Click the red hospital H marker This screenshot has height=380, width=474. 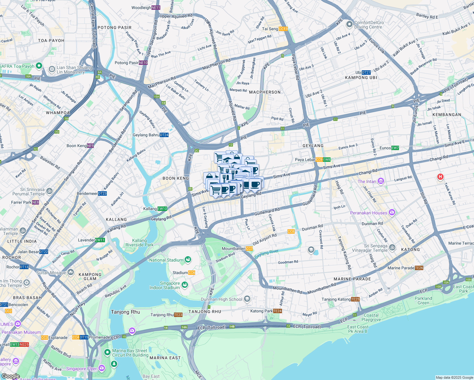click(x=440, y=177)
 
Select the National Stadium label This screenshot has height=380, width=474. click(x=166, y=260)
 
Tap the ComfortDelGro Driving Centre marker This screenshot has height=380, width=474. click(x=349, y=24)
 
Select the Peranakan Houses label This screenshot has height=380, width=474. click(x=368, y=213)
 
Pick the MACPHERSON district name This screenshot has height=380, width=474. click(x=265, y=92)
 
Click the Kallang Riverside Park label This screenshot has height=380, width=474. click(x=139, y=243)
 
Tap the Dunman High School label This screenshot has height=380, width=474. click(x=222, y=299)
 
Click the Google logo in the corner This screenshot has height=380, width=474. click(x=10, y=376)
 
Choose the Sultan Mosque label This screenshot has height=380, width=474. click(x=51, y=273)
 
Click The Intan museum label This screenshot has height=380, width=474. click(x=367, y=181)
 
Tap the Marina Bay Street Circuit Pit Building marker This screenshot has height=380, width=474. click(x=107, y=352)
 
